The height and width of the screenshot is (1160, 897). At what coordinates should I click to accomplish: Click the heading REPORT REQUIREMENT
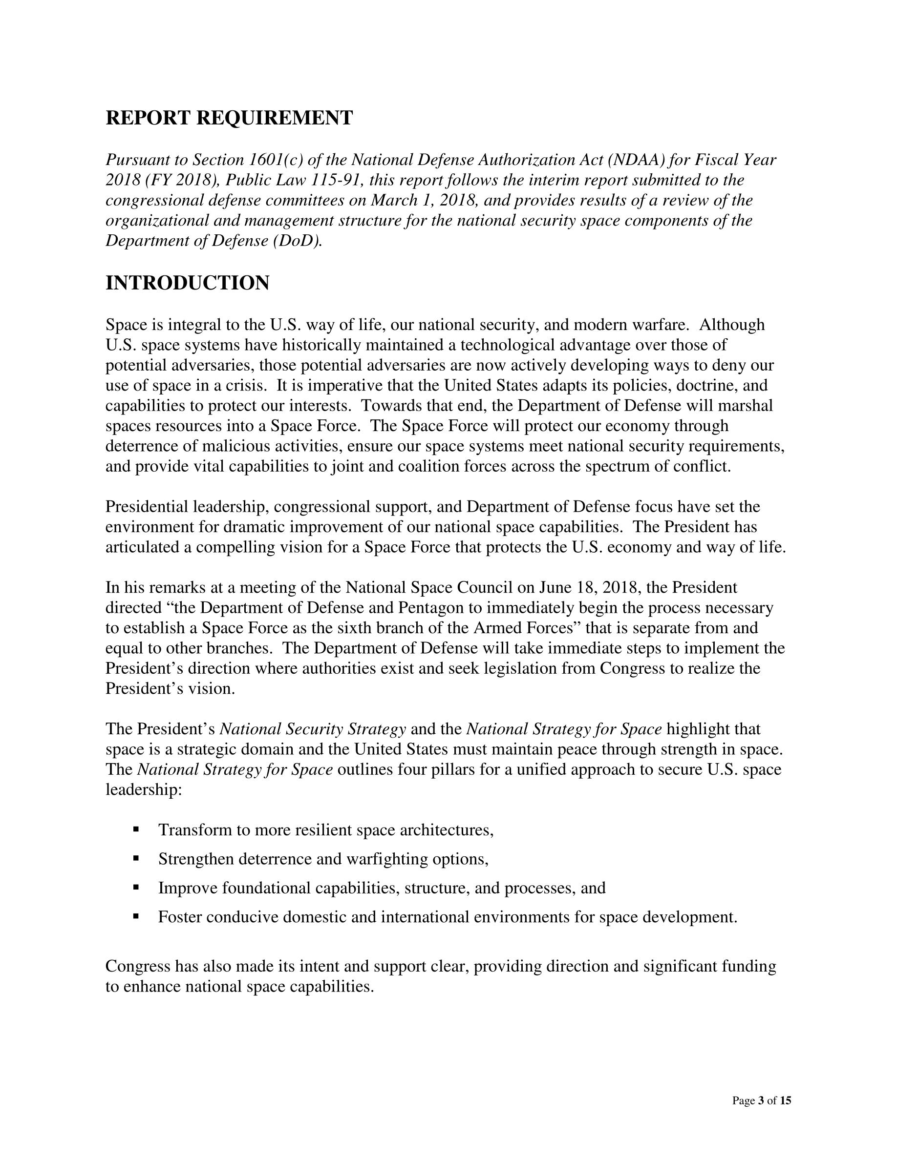(229, 118)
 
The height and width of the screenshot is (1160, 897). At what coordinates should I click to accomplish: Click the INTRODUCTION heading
(188, 283)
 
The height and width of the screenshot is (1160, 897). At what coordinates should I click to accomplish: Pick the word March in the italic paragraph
(391, 200)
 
